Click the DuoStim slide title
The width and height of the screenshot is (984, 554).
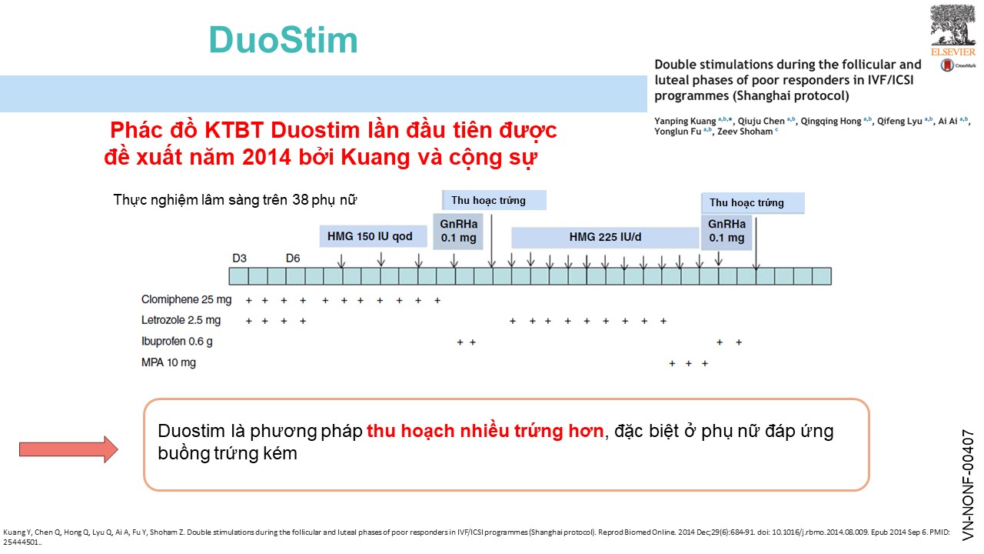[x=284, y=40]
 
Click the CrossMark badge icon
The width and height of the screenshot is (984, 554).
[x=947, y=65]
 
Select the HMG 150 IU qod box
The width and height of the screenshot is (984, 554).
[x=373, y=236]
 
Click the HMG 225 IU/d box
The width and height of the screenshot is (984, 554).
[x=605, y=238]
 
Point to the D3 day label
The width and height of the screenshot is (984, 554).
[x=239, y=258]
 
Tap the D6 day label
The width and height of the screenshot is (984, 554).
[x=293, y=258]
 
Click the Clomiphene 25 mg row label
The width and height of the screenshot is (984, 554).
[x=186, y=300]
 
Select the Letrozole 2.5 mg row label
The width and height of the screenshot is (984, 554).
[x=181, y=320]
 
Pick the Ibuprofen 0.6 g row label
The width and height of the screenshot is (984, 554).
[x=177, y=342]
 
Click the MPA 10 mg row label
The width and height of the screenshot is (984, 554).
[x=168, y=362]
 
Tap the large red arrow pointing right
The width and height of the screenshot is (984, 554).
[x=68, y=449]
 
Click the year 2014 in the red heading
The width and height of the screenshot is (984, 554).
[x=267, y=157]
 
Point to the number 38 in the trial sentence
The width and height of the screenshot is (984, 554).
[x=301, y=200]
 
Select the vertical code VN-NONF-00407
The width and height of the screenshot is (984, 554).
[x=968, y=485]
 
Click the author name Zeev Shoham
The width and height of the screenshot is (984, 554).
[x=745, y=132]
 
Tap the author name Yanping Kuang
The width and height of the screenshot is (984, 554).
[x=685, y=122]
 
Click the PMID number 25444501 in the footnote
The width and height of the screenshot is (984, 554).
[x=21, y=542]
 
